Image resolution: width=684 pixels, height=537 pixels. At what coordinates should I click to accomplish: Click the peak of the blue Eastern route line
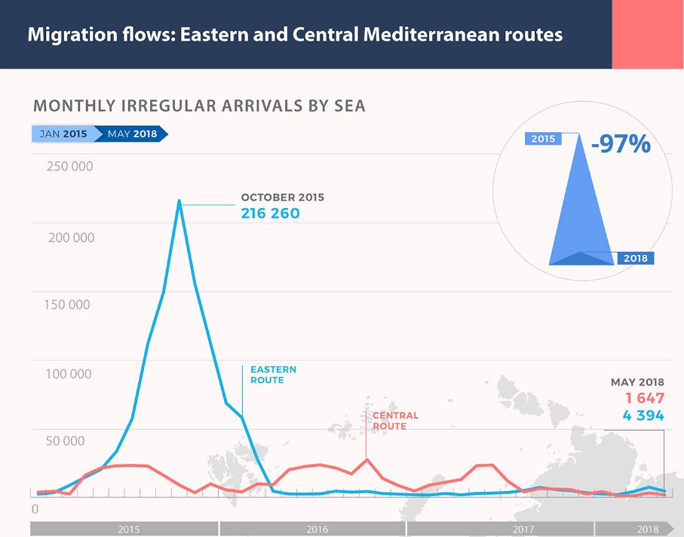point(179,201)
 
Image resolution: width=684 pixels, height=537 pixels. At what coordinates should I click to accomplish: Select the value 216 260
point(270,213)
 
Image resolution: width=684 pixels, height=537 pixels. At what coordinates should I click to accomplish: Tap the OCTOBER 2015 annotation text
point(282,198)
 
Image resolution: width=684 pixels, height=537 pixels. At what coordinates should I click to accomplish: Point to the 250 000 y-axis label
point(70,166)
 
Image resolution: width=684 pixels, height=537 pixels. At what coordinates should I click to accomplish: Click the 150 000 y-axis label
point(68,305)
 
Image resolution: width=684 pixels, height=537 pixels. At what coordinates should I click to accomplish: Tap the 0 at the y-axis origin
point(35,510)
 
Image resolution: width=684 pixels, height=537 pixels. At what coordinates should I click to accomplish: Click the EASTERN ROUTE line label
point(273,375)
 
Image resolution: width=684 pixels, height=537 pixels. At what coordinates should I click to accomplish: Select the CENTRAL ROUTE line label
point(395,421)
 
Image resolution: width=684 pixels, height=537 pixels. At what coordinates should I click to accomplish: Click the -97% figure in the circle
point(621,144)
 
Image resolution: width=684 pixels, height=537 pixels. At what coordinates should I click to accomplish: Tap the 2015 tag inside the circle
point(543,139)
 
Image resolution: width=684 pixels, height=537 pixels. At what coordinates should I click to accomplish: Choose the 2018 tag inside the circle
point(635,259)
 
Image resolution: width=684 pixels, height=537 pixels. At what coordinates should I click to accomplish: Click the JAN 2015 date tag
point(63,134)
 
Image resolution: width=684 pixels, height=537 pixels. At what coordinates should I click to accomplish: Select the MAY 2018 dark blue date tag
point(132,134)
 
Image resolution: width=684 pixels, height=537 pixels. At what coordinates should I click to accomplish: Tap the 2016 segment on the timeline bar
point(317,529)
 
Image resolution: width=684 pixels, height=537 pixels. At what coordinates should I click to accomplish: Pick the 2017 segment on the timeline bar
point(523,529)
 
